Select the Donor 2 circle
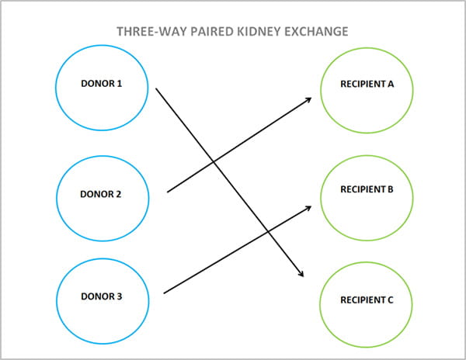(x=102, y=194)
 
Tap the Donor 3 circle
(x=102, y=296)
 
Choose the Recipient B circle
(x=367, y=189)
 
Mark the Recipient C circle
(x=367, y=299)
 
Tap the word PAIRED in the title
(x=209, y=33)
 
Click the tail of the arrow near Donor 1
(x=156, y=88)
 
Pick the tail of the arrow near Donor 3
(x=164, y=293)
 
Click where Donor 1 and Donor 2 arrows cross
(x=213, y=162)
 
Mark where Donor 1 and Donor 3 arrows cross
(x=267, y=232)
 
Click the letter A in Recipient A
(x=391, y=84)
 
